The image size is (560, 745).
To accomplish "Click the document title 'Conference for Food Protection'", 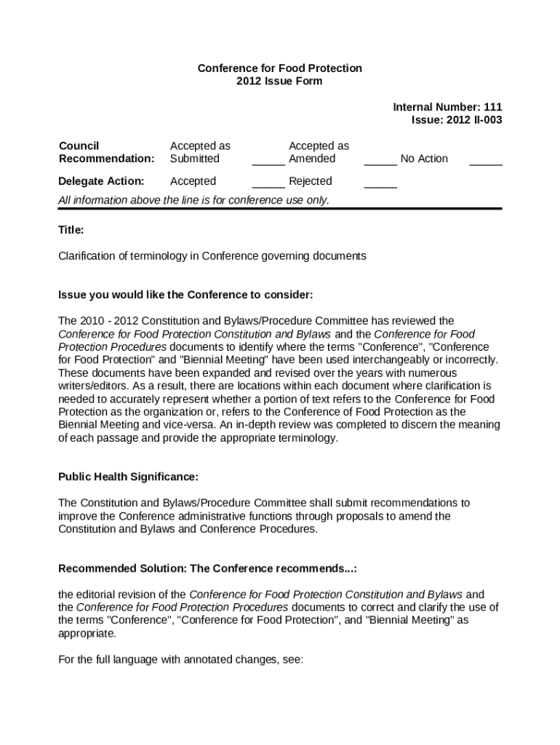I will pyautogui.click(x=279, y=68).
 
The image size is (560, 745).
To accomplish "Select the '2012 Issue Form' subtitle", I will pyautogui.click(x=279, y=81).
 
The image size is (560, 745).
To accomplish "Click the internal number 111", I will pyautogui.click(x=492, y=107).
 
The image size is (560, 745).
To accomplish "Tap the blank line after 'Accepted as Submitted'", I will pyautogui.click(x=268, y=163).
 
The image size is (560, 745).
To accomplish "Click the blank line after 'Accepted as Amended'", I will pyautogui.click(x=380, y=163).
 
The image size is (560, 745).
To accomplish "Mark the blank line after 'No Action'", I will pyautogui.click(x=485, y=163).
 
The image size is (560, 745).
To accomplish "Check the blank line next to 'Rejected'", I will pyautogui.click(x=380, y=186).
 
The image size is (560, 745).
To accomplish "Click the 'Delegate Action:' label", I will pyautogui.click(x=101, y=180).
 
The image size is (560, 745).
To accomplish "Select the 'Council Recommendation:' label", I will pyautogui.click(x=106, y=152).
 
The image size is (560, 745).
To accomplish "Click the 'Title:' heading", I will pyautogui.click(x=71, y=230).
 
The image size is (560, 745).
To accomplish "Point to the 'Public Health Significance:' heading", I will pyautogui.click(x=128, y=477).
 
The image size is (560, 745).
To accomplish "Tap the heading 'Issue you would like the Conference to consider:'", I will pyautogui.click(x=185, y=295).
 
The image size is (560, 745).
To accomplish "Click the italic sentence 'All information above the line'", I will pyautogui.click(x=193, y=199).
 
